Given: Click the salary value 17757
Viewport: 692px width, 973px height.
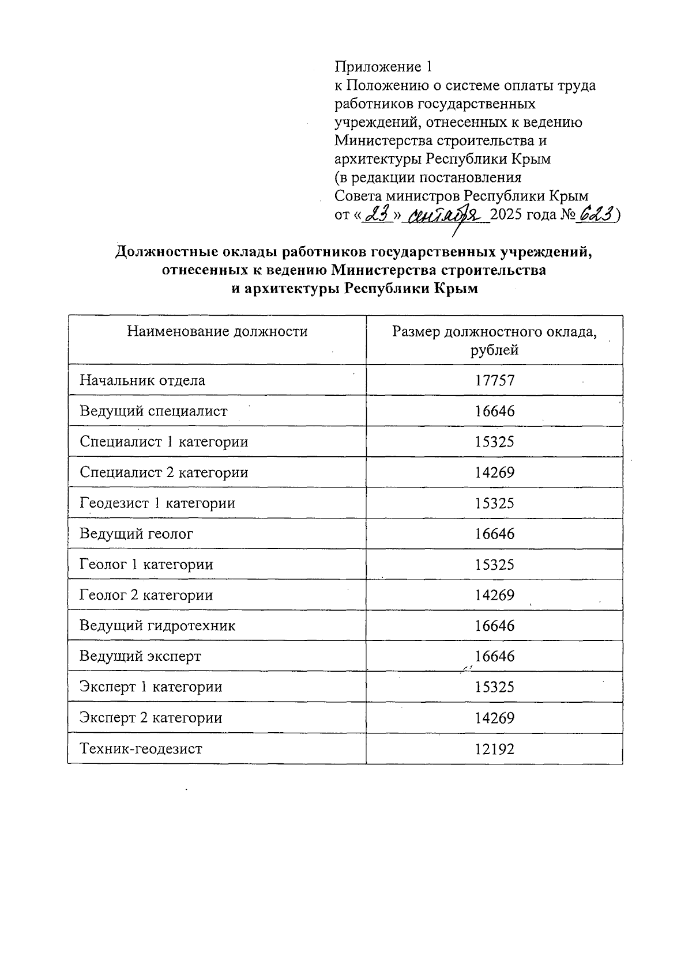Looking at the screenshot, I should point(494,380).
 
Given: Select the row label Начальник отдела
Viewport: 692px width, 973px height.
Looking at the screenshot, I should point(142,380).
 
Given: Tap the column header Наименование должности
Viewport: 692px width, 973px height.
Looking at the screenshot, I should point(217,331).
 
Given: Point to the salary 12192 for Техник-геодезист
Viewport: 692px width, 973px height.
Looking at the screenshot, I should point(494,749).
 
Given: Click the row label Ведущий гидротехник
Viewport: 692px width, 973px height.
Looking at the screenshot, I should point(157,626).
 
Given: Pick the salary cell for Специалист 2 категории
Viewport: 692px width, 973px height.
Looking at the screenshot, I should point(494,472).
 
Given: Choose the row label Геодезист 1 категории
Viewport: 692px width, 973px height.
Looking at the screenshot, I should point(157,503).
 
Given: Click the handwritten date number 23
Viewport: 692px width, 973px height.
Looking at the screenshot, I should point(378,215).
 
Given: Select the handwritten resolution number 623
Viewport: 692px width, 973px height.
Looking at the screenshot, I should point(596,214).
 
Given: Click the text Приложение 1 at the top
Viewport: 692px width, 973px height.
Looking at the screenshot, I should point(383,67).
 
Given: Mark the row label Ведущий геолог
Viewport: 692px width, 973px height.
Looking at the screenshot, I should point(137,533).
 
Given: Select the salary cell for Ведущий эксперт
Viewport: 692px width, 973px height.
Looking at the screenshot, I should point(494,656).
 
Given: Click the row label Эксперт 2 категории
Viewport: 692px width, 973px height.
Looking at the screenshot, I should point(151,718).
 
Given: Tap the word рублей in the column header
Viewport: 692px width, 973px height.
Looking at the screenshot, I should point(494,350).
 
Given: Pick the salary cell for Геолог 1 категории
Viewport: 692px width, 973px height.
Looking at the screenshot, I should point(494,565).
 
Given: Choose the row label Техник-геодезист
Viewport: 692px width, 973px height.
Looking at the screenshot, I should point(141,749).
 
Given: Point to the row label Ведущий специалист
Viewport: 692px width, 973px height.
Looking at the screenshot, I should point(153,411).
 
